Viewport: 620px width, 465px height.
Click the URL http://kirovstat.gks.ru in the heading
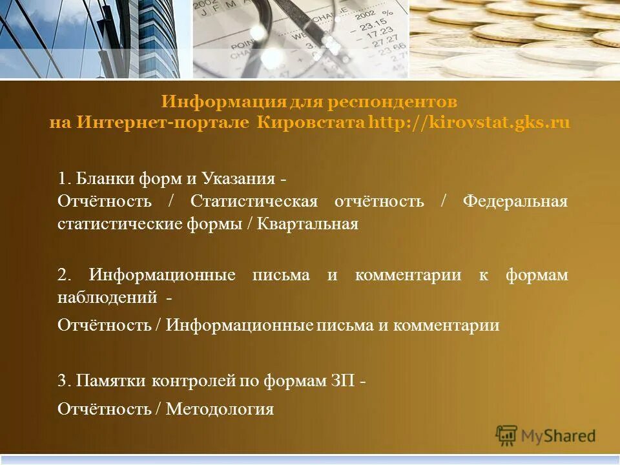pos(469,122)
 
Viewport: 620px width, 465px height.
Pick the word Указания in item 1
pos(241,178)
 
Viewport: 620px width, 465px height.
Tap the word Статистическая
pos(254,201)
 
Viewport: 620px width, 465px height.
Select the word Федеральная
pos(515,201)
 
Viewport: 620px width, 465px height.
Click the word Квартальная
pos(307,224)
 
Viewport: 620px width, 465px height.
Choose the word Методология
pos(220,408)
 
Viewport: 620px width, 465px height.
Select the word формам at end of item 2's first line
pos(537,274)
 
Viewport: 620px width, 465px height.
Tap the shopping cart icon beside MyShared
pos(506,435)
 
